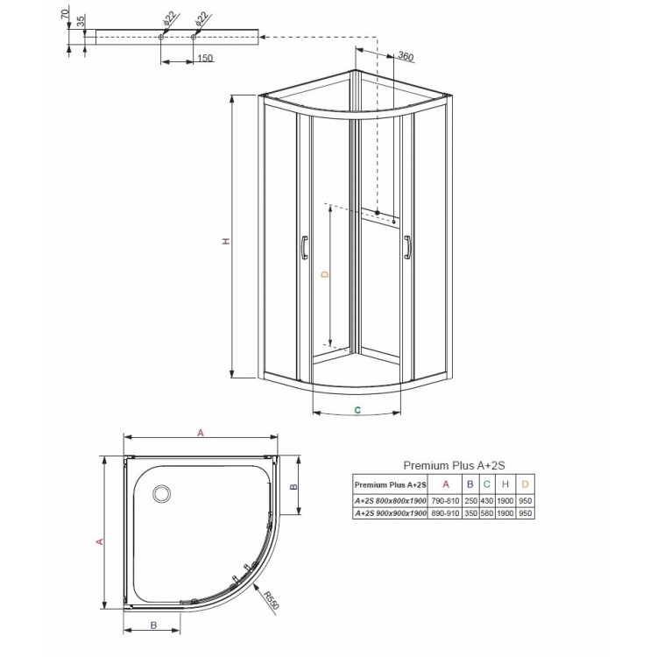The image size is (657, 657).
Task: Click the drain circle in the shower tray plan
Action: coord(162,494)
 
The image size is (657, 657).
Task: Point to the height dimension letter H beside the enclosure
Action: coord(225,242)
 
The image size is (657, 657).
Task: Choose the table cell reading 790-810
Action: coord(445,499)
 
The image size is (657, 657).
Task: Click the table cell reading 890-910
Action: coord(445,512)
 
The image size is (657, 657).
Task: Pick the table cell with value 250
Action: coord(470,499)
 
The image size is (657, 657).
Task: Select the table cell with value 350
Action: coord(470,512)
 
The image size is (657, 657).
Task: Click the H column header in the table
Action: coord(505,484)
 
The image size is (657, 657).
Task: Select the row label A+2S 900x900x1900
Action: coord(390,512)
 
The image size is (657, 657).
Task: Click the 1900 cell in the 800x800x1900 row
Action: coord(505,499)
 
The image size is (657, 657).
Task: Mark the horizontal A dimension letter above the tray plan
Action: coord(201,433)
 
